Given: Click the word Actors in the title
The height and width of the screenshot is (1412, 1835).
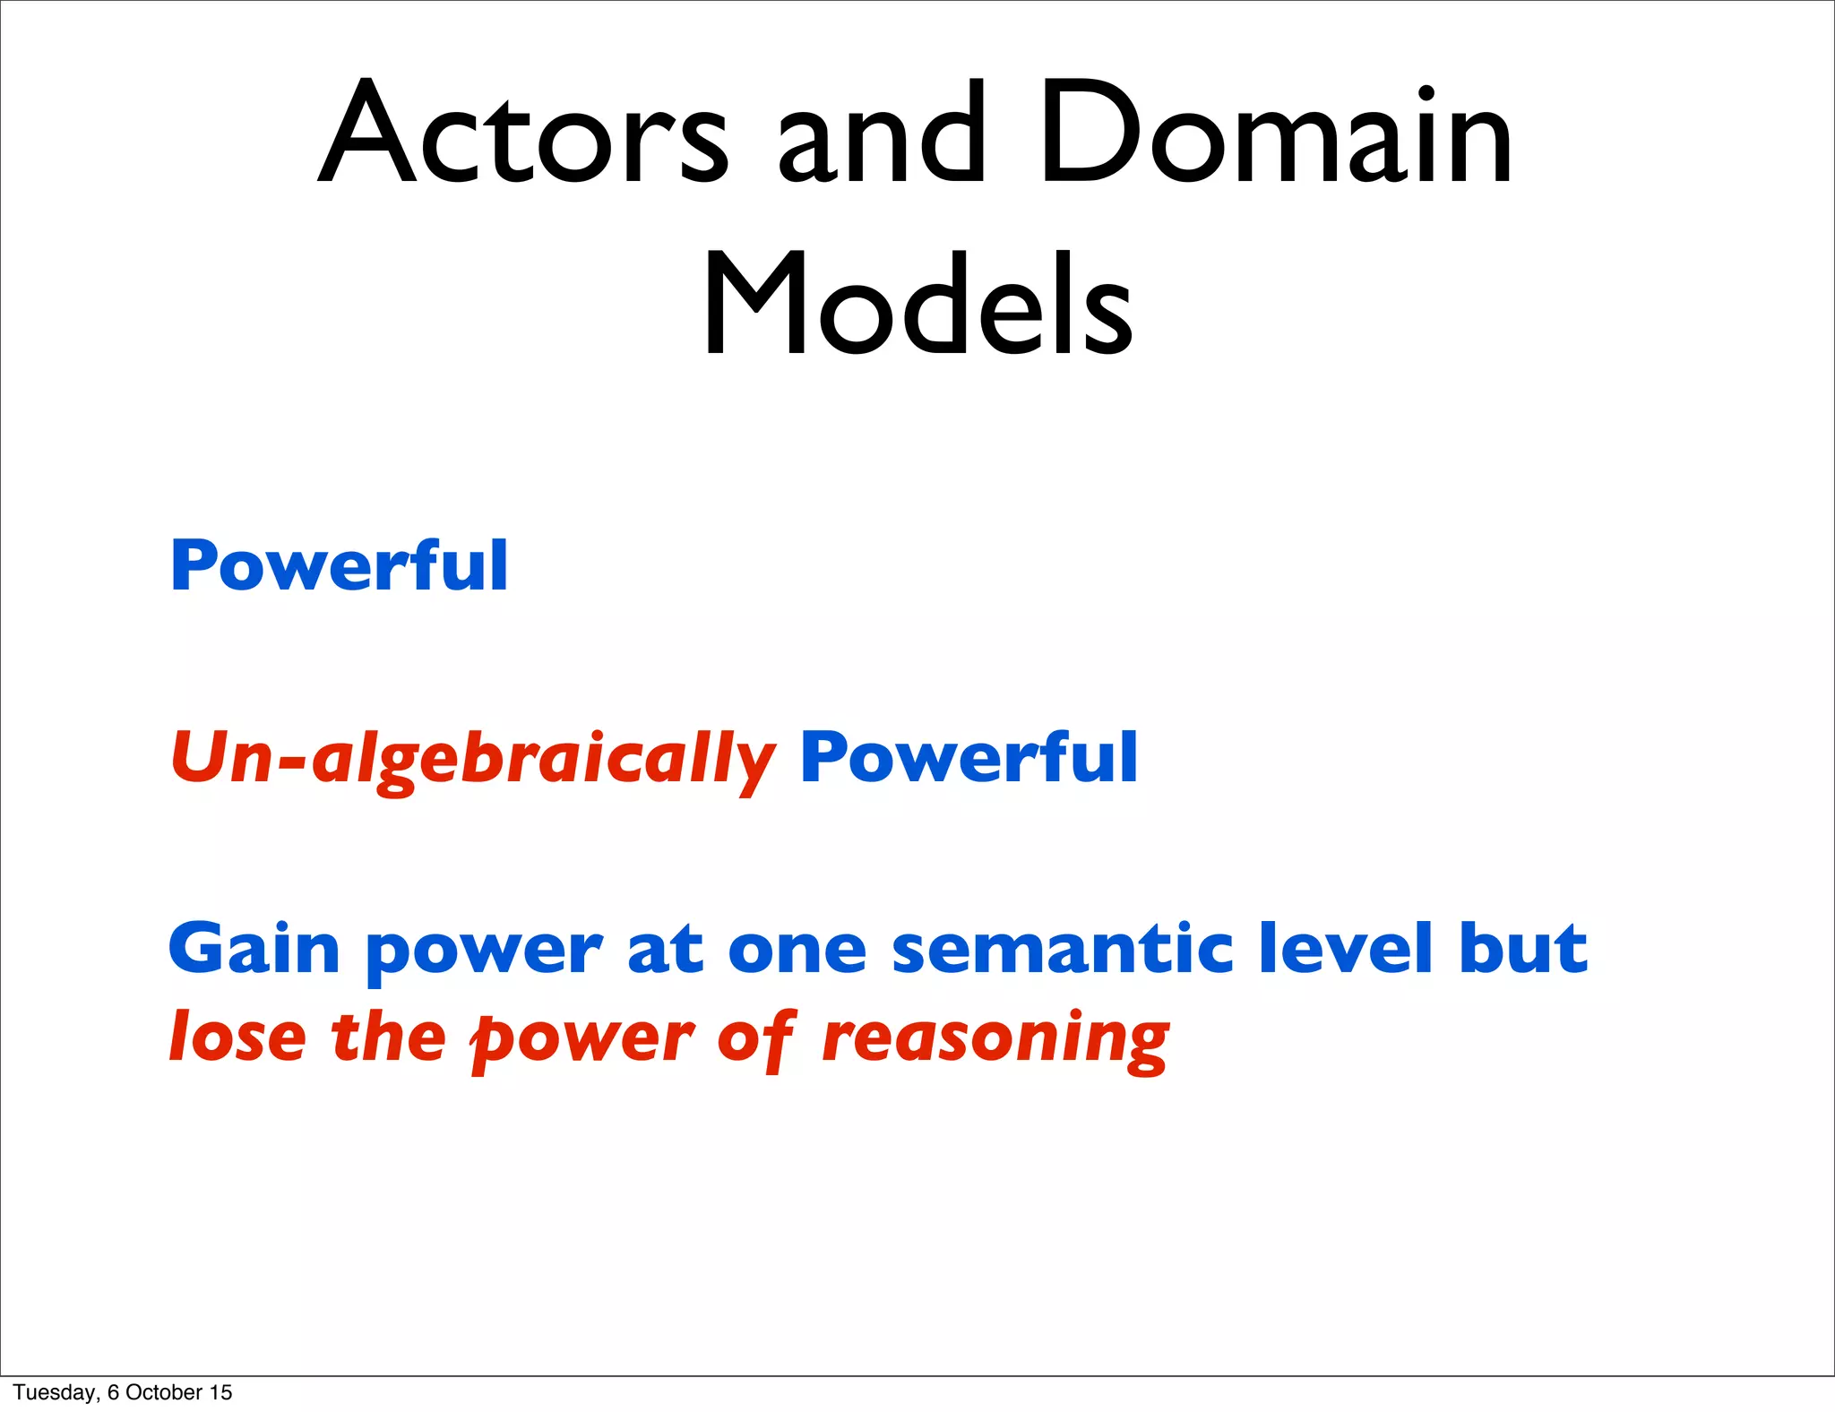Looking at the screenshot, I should coord(524,134).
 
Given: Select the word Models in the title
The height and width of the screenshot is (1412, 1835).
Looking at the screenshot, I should coord(917,305).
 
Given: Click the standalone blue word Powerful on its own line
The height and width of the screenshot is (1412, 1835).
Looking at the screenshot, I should coord(340,566).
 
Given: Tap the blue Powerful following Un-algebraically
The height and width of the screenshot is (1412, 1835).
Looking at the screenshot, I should coord(969,758).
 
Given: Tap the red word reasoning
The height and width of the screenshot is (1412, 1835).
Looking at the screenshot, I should coord(995,1039).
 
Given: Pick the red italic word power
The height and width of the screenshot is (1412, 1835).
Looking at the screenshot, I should coord(582,1039).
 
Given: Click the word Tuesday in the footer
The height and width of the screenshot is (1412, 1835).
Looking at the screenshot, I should coord(54,1392).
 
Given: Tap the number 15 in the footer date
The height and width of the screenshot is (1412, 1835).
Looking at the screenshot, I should coord(220,1392).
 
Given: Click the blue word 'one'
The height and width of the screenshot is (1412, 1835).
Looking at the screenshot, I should coord(797,950).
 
